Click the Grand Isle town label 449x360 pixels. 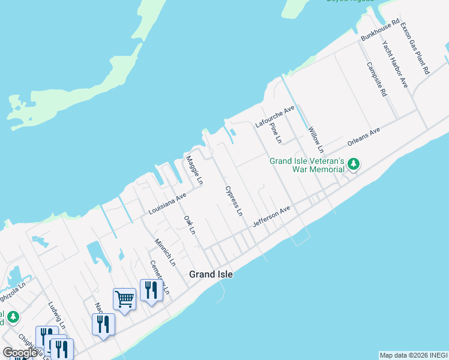click(211, 274)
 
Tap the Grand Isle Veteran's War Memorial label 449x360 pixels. click(307, 165)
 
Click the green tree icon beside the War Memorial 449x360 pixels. click(354, 163)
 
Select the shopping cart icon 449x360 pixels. click(124, 298)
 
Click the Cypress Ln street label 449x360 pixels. click(234, 201)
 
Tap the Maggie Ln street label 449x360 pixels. click(194, 170)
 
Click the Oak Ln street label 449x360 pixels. click(189, 225)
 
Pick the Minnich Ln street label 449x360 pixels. click(164, 253)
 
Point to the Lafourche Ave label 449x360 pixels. click(275, 116)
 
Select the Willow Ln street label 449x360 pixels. click(316, 139)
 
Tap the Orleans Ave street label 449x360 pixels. click(364, 136)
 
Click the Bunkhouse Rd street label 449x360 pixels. click(379, 31)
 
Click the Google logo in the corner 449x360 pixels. click(20, 352)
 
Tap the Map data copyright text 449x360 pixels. click(412, 355)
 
